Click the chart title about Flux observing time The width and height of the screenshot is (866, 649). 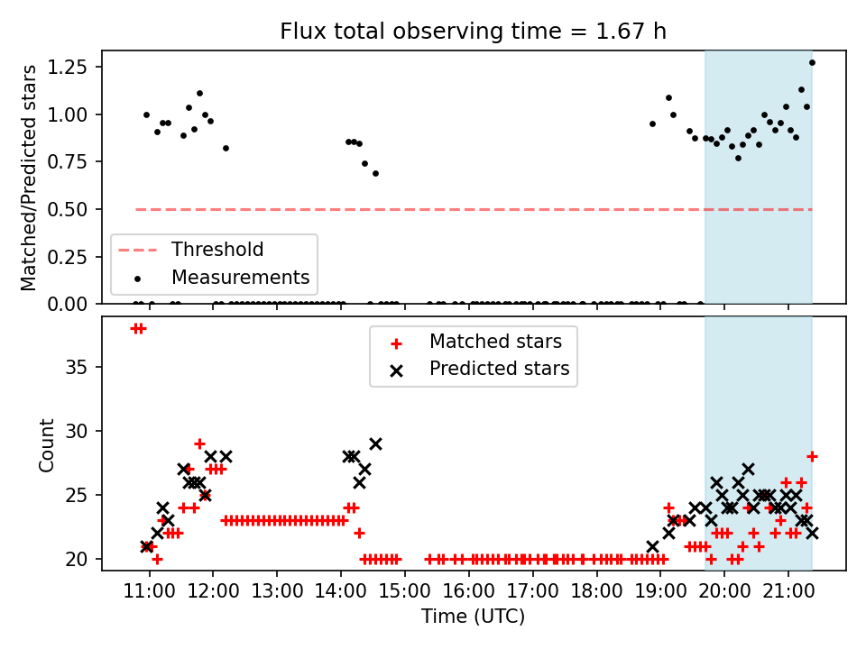[x=473, y=32]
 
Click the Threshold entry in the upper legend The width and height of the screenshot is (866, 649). [x=217, y=250]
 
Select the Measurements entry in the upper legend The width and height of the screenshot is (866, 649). [x=240, y=277]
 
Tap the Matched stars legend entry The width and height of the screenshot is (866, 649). [x=495, y=342]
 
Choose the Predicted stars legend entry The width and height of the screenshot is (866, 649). [x=499, y=369]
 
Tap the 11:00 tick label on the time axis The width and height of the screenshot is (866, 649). [x=149, y=592]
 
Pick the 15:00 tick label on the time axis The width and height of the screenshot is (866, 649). [x=405, y=592]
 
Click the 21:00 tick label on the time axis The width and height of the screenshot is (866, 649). [x=788, y=592]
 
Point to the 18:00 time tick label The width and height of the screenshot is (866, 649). [x=596, y=592]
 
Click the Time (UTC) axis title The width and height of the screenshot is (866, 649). [x=473, y=617]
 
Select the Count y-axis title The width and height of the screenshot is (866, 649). [x=46, y=444]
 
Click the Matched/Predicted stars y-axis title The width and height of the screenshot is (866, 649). [x=30, y=178]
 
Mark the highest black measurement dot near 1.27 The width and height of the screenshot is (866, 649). [x=812, y=62]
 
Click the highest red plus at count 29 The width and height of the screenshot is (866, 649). [x=199, y=443]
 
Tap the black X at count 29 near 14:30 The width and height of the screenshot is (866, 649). [x=375, y=443]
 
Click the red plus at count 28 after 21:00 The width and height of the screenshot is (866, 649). [x=812, y=456]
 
